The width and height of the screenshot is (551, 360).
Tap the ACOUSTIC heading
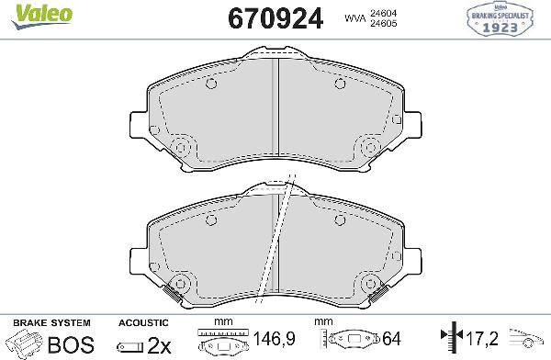click(x=143, y=323)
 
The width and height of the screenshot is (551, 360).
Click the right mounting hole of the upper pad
click(x=371, y=146)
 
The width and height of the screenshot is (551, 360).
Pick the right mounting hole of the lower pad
click(x=371, y=282)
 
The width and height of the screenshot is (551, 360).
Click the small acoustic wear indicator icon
click(x=129, y=346)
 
